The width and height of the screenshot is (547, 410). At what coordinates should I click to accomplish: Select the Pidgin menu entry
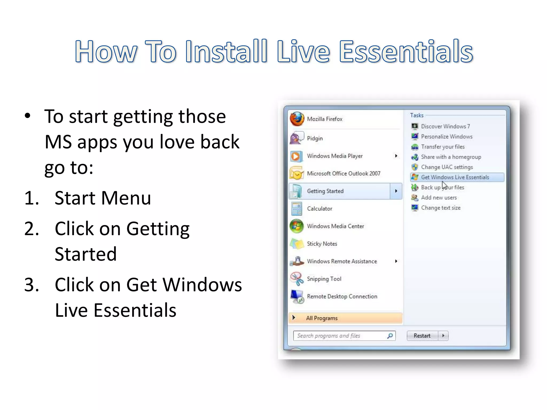(x=315, y=139)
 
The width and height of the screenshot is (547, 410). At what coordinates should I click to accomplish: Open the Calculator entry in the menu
(x=319, y=209)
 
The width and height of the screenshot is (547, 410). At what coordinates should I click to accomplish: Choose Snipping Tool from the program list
(x=324, y=279)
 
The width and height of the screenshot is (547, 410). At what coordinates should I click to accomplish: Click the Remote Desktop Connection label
(x=342, y=297)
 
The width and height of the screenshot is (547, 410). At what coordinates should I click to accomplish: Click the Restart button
(x=422, y=336)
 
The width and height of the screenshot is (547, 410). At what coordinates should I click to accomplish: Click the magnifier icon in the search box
(x=390, y=336)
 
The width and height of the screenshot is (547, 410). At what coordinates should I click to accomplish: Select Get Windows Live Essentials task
(x=455, y=177)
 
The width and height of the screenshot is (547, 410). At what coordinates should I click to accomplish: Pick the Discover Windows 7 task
(x=445, y=126)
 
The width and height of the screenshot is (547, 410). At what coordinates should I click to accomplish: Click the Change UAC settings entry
(x=447, y=167)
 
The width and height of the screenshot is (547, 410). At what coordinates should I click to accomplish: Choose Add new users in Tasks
(x=439, y=198)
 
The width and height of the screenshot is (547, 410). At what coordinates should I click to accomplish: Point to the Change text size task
(x=441, y=208)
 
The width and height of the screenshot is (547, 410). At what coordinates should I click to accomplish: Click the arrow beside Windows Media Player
(x=396, y=156)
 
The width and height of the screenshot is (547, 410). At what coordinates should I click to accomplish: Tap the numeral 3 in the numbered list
(x=31, y=285)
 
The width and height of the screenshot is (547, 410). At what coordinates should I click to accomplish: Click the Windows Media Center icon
(x=296, y=226)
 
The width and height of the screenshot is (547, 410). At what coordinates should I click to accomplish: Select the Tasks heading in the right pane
(x=417, y=115)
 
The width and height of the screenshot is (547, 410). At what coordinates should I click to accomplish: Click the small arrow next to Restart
(x=443, y=336)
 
